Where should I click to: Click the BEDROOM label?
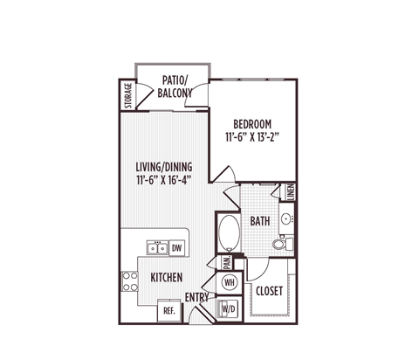[251, 123]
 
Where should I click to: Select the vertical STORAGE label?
[127, 95]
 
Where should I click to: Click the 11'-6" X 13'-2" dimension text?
[251, 137]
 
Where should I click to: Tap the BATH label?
[260, 222]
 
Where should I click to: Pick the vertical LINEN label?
[290, 192]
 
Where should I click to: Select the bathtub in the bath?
[230, 233]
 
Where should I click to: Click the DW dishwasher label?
[176, 249]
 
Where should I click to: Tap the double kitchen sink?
[157, 249]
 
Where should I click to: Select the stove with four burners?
[130, 280]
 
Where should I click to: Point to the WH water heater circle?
[230, 282]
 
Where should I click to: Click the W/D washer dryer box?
[230, 308]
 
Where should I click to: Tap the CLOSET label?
[267, 291]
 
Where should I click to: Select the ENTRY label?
[196, 298]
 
